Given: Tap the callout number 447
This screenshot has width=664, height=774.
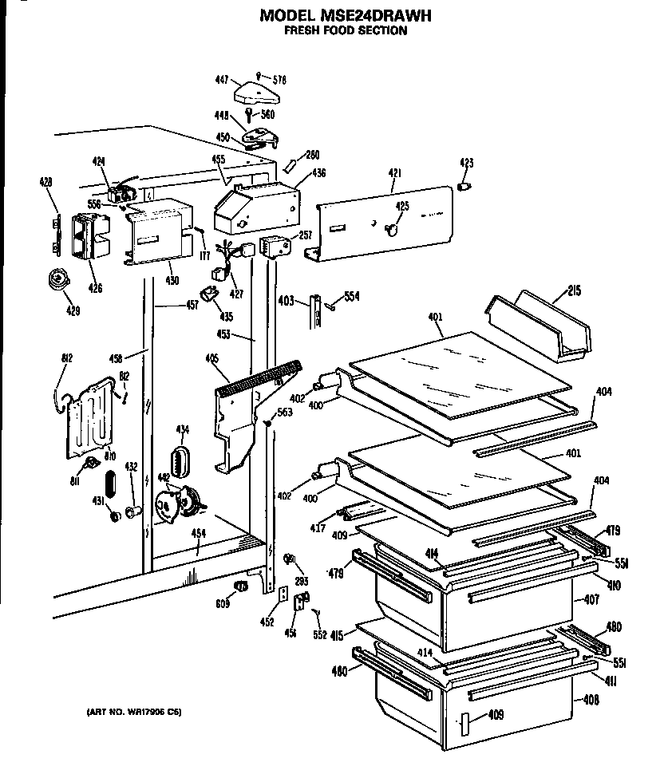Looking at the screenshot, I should point(222,80).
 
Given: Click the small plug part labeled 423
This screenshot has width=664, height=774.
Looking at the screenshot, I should point(464,187).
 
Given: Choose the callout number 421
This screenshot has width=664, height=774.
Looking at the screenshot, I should point(394,173).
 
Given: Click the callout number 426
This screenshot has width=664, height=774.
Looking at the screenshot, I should point(95,288).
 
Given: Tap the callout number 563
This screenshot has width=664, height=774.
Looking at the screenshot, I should point(285,413).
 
